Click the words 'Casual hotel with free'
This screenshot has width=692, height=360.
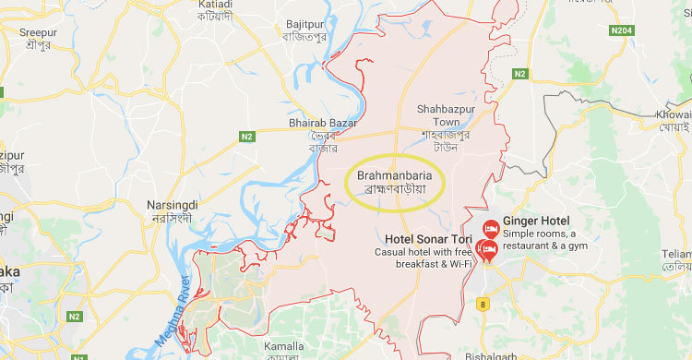point(424,252)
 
